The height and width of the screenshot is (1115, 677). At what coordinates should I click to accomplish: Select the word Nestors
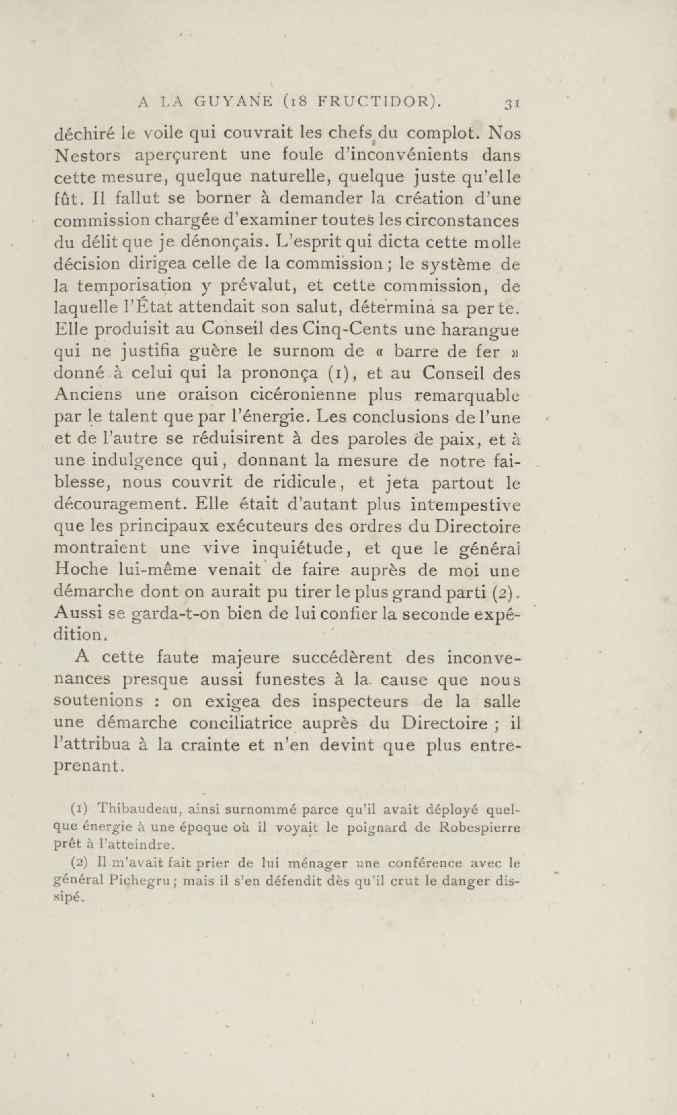(x=87, y=155)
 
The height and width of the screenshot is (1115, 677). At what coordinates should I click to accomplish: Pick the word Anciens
(x=88, y=395)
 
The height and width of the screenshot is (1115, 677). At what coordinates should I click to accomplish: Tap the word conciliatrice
(x=240, y=723)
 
